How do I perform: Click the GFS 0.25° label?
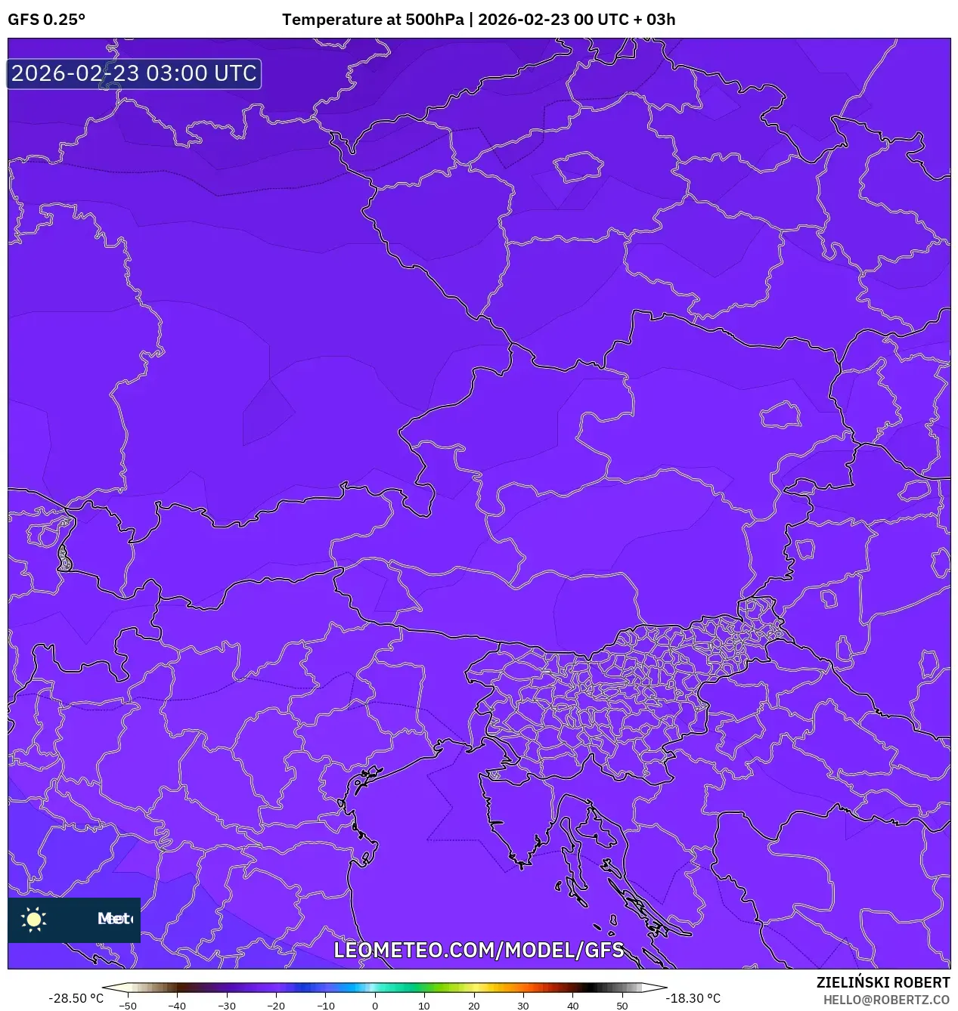47,20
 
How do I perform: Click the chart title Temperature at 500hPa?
373,20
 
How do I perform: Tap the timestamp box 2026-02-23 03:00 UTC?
134,74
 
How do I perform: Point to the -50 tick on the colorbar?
128,1005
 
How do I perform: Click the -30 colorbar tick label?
226,1005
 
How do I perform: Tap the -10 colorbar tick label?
325,1005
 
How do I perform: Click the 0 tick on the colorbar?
375,1005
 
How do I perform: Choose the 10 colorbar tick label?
424,1005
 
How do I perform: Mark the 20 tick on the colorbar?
474,1005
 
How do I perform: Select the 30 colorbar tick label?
523,1005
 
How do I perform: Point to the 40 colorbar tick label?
572,1005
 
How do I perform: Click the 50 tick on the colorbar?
622,1005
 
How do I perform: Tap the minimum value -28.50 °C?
76,998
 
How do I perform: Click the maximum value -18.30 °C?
693,998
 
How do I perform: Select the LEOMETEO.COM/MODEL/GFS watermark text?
479,950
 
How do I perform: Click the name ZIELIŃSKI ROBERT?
882,982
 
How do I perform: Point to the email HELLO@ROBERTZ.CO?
886,1000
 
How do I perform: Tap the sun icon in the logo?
34,920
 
